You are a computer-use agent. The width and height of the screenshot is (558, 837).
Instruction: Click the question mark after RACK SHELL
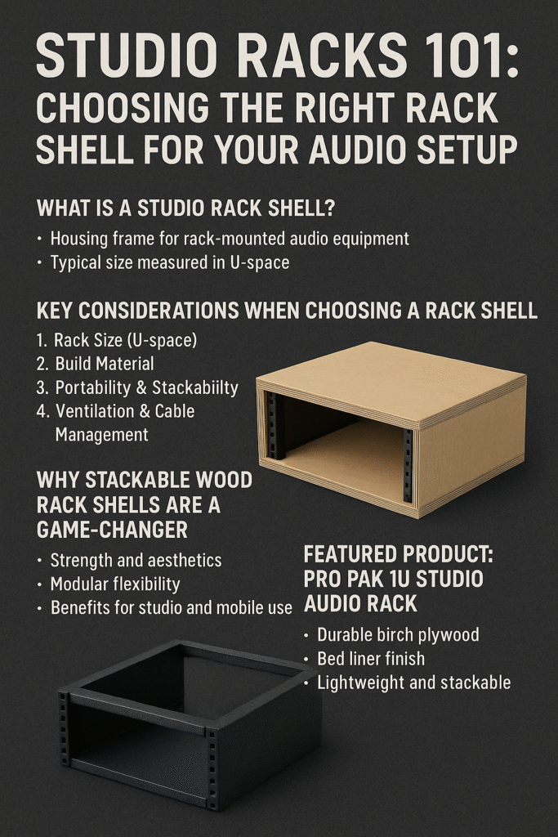click(x=328, y=208)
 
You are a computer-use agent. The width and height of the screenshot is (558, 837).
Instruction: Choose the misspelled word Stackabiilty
click(x=194, y=387)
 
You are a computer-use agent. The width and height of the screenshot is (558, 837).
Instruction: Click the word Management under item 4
click(x=101, y=435)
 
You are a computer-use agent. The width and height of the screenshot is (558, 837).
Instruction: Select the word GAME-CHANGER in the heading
click(x=112, y=530)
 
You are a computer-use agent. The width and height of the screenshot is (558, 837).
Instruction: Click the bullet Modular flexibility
click(x=114, y=584)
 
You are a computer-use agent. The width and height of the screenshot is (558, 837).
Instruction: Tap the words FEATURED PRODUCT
click(x=399, y=555)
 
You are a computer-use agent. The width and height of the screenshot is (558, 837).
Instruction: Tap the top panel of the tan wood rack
click(x=392, y=380)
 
